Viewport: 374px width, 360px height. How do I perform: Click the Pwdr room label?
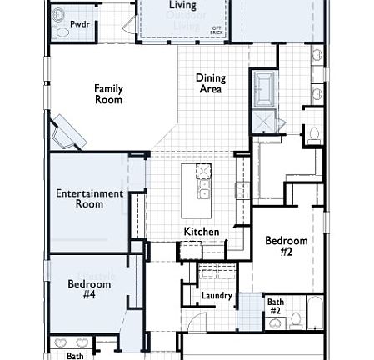pos(80,25)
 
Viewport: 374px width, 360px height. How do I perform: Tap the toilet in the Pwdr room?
pos(61,32)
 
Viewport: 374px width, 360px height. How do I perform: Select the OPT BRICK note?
pos(217,31)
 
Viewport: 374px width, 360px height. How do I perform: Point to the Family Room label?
pos(108,94)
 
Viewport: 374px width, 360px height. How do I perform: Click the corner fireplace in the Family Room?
pos(67,132)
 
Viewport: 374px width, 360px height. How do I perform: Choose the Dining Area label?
pos(211,83)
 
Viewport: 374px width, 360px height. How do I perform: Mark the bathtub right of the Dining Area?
pos(266,89)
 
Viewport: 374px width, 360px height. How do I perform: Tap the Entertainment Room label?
pos(89,198)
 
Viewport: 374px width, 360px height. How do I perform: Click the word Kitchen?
pos(202,231)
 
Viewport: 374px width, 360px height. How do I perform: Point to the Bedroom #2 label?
pos(286,246)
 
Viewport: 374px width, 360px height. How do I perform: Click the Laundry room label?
pos(217,296)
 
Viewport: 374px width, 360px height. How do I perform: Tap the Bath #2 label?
pos(274,306)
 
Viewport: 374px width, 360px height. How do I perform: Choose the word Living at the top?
pos(182,5)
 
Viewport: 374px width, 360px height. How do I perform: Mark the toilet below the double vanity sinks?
pos(315,132)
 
